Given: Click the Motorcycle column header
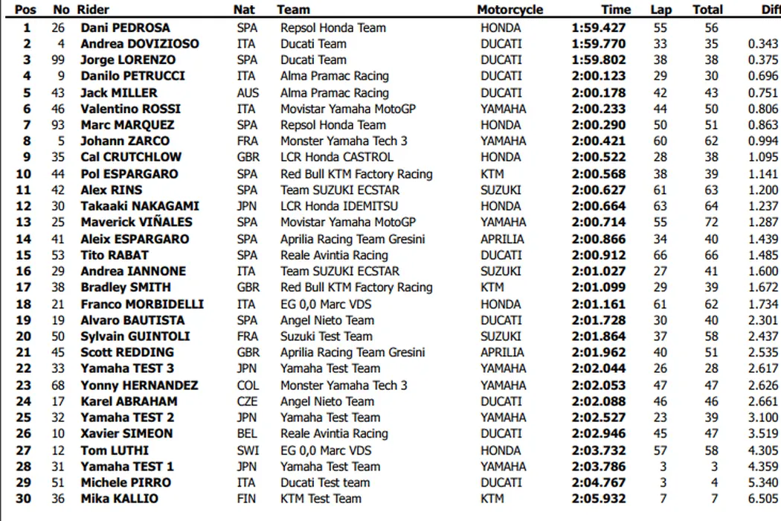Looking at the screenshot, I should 510,10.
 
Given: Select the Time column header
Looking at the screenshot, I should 615,10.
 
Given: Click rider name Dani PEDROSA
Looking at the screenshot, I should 125,28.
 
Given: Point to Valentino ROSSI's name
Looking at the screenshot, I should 130,109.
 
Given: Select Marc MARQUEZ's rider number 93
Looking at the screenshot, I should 61,125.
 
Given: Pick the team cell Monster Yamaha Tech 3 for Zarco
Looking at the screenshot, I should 344,141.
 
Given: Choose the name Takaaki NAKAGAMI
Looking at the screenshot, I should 140,206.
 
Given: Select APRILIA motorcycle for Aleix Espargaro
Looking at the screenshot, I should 502,239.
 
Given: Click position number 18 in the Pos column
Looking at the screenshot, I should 24,304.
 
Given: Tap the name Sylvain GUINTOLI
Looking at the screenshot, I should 135,336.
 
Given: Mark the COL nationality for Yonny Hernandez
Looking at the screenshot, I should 247,386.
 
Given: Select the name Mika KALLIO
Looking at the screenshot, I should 119,499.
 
